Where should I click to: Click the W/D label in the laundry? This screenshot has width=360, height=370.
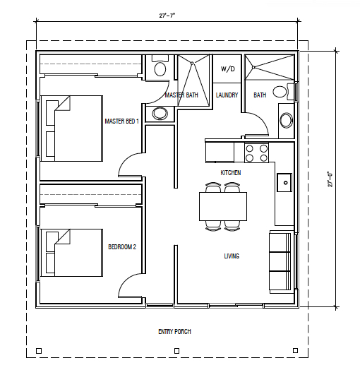(228, 69)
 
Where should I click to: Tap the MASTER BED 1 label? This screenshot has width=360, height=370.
(121, 121)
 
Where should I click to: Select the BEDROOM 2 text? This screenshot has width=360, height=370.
(122, 247)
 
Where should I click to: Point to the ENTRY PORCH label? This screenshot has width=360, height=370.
(174, 332)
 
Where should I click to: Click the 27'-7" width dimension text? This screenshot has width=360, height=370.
(167, 16)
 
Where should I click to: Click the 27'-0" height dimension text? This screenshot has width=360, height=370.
(330, 179)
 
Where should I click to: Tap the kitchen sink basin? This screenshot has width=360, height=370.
(284, 182)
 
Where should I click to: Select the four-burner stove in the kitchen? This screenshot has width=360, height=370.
(256, 153)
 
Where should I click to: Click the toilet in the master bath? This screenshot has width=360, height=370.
(160, 66)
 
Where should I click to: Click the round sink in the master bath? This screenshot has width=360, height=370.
(160, 114)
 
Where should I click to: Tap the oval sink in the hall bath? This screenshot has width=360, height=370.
(286, 120)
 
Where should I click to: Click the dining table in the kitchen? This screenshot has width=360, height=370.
(223, 206)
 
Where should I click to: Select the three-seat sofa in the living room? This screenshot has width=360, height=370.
(280, 262)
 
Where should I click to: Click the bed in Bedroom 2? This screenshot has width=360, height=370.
(72, 253)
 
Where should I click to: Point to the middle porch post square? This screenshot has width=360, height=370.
(176, 351)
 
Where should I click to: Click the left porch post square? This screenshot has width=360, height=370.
(39, 351)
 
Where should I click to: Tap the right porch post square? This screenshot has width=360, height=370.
(295, 350)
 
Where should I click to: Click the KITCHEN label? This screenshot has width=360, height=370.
(231, 173)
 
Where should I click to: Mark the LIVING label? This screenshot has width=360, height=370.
(232, 256)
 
